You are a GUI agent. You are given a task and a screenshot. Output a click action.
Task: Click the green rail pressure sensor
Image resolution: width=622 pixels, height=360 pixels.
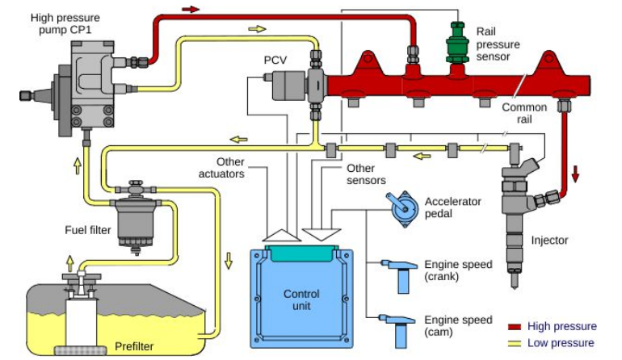point(457,43)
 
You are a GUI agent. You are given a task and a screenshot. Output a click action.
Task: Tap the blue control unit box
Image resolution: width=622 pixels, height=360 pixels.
point(301,297)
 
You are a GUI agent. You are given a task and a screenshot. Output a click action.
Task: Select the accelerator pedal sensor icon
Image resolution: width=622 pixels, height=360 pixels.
point(402,209)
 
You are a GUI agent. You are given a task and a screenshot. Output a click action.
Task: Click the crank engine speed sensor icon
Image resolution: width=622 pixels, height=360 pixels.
point(399,275)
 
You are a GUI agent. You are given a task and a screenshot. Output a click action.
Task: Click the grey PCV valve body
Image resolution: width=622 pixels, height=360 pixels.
point(289,86)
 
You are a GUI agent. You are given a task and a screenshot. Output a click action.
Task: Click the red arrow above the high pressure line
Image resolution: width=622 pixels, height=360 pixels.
point(191,9)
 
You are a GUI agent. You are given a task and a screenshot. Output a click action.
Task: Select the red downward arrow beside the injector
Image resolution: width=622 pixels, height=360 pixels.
point(575,173)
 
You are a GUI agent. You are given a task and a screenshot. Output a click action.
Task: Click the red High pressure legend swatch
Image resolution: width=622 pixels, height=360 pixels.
point(515,327)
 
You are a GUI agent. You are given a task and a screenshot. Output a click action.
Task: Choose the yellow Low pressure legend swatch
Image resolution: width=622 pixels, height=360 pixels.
point(515,343)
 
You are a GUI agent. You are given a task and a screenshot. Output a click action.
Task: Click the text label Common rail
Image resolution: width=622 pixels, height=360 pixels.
point(524,113)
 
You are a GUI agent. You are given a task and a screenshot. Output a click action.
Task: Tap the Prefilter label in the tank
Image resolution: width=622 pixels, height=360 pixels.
point(134,346)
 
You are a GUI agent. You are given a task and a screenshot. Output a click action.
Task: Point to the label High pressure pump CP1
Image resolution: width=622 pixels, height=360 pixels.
point(65,23)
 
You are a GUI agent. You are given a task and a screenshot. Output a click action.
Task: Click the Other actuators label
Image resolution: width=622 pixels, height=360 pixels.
point(221,168)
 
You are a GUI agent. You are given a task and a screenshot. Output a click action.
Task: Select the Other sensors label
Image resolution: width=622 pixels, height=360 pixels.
point(366,174)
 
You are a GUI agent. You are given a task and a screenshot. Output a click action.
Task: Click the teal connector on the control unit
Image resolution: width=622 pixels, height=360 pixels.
point(301,253)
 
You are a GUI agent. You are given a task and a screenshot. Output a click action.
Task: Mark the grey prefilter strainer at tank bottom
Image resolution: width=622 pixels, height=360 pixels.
point(80,350)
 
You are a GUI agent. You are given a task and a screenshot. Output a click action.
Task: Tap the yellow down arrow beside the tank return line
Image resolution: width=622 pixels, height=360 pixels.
point(229,261)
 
